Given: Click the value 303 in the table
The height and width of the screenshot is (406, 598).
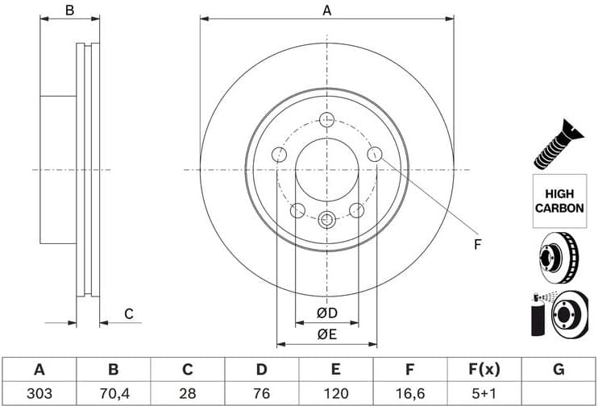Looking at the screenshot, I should click(38, 394).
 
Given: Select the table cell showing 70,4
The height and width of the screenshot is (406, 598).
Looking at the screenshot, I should click(113, 394).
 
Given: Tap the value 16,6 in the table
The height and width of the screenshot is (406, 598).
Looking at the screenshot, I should click(409, 394).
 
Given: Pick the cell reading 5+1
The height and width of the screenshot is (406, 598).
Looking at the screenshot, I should click(484, 394).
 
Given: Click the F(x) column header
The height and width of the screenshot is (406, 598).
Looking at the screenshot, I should click(484, 370).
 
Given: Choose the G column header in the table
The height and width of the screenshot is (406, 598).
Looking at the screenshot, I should click(559, 370).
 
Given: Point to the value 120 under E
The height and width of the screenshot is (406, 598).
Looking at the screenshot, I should click(336, 394).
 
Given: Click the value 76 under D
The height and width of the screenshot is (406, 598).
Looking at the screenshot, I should click(261, 394).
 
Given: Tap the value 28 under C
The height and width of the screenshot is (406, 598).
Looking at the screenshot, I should click(187, 394).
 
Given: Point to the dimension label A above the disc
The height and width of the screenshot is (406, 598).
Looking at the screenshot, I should click(326, 10).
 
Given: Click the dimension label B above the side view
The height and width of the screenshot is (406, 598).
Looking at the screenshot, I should click(70, 10).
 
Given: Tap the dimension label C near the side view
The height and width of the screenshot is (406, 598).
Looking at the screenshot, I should click(127, 313).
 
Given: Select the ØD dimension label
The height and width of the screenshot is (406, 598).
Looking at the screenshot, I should click(326, 313).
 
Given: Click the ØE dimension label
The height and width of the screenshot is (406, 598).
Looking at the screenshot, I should click(326, 334).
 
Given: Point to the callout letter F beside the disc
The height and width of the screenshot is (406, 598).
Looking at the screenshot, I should click(476, 244).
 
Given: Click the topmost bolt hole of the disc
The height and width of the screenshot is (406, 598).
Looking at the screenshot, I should click(326, 120).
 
